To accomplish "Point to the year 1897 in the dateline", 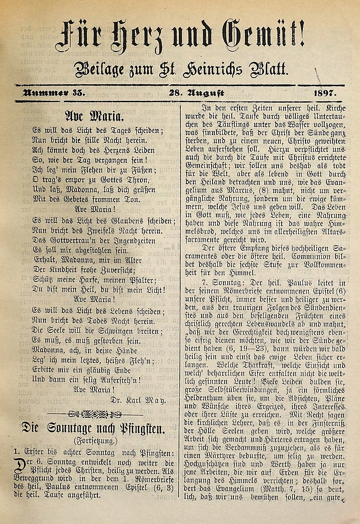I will (327, 93).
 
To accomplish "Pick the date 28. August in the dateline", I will (197, 93).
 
